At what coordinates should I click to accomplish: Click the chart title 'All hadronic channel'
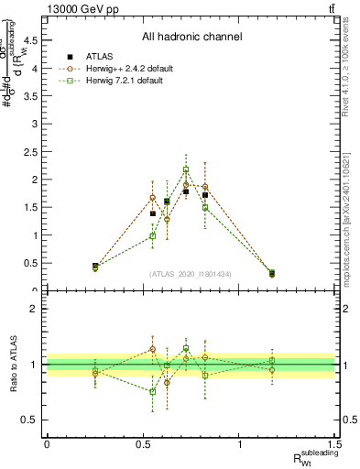pos(191,37)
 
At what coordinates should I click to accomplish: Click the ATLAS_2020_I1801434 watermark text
pos(191,274)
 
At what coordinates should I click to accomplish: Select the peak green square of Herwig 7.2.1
pos(186,169)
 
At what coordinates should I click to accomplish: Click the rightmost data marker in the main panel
pos(271,273)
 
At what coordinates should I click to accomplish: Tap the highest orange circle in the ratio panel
pos(153,349)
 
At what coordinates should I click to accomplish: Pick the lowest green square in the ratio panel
pos(153,391)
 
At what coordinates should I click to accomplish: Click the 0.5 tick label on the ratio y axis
pos(33,420)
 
